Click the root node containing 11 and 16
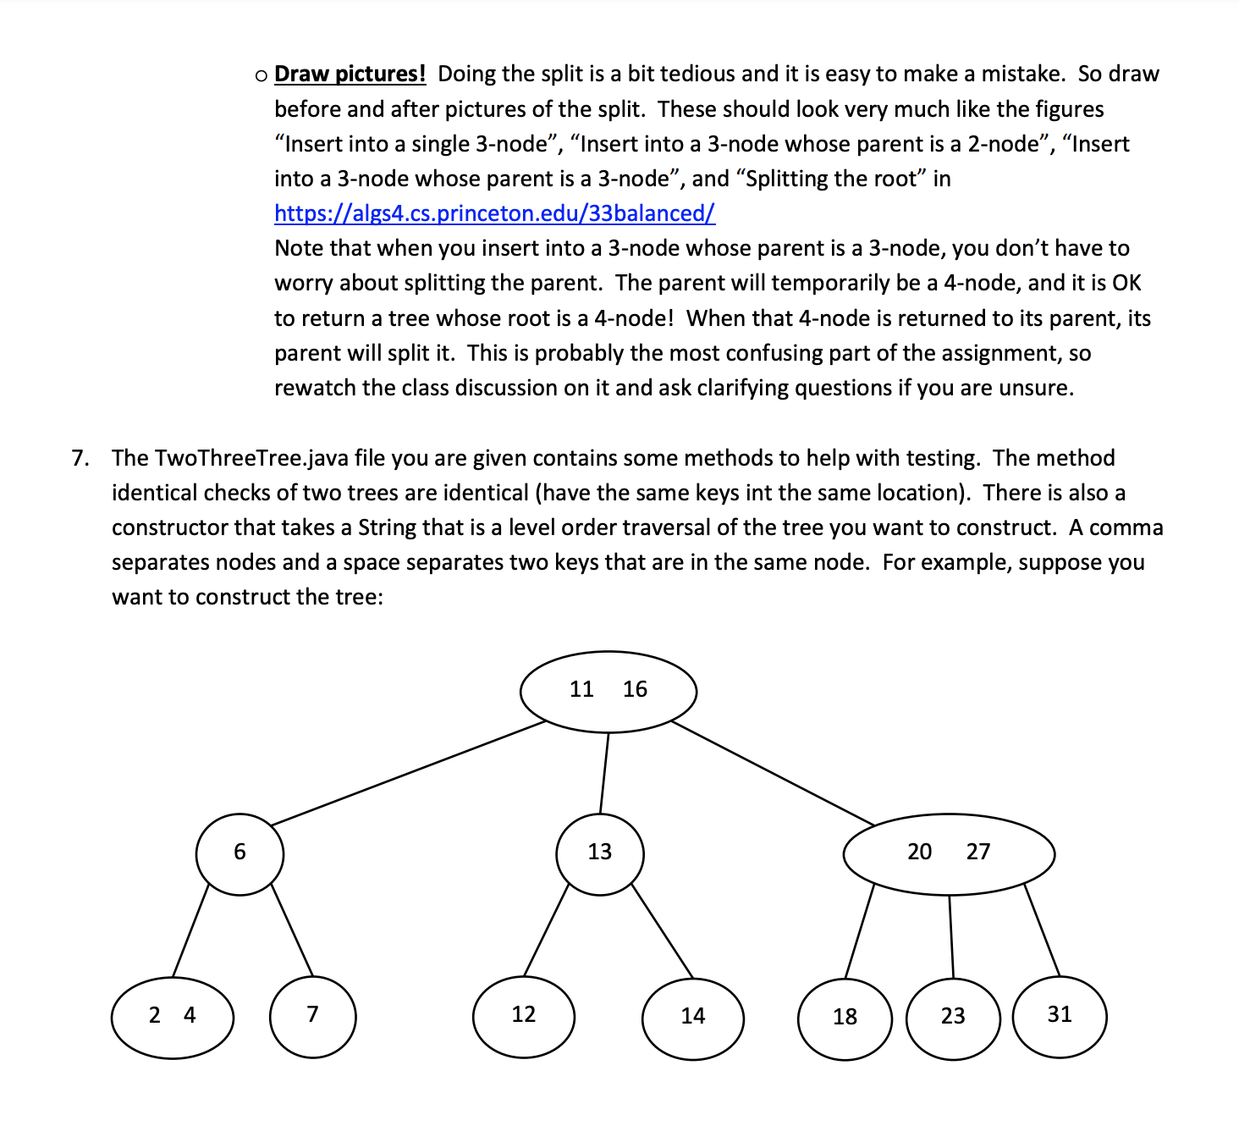pos(608,691)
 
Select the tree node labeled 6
pos(240,853)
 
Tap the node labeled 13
pos(599,853)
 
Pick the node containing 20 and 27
pos(948,853)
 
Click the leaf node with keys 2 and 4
pos(172,1016)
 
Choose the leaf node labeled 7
pos(312,1016)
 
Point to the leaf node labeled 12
pos(523,1016)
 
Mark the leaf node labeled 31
pos(1059,1016)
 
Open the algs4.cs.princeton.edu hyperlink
pos(494,213)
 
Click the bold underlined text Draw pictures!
pos(350,75)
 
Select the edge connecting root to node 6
pos(408,773)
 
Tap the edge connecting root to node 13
pos(604,772)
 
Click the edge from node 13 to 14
pos(662,930)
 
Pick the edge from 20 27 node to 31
pos(1042,930)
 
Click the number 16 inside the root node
pos(635,690)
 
